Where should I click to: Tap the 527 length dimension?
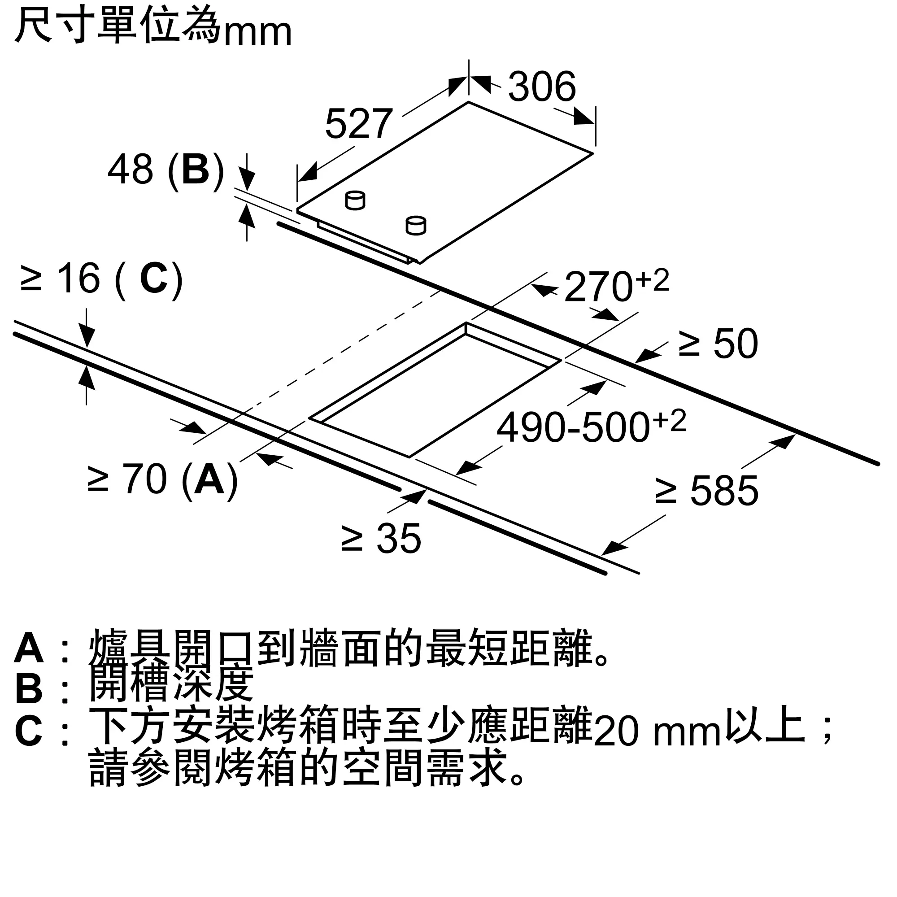(x=359, y=123)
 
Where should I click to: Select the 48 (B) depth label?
(x=166, y=170)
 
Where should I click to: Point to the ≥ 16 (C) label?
(x=102, y=279)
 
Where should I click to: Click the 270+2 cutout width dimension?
(x=616, y=286)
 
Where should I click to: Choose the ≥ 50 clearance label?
(x=718, y=344)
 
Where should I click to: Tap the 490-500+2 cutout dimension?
(x=591, y=426)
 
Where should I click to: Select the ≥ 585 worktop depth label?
(x=707, y=491)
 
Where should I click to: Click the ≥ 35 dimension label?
(x=381, y=539)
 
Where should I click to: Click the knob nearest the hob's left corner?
(x=355, y=200)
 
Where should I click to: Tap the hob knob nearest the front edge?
(x=416, y=225)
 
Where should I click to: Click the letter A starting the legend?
(x=29, y=648)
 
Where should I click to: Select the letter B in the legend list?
(x=29, y=688)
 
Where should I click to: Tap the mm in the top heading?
(x=258, y=32)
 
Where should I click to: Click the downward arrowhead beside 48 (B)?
(x=247, y=180)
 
